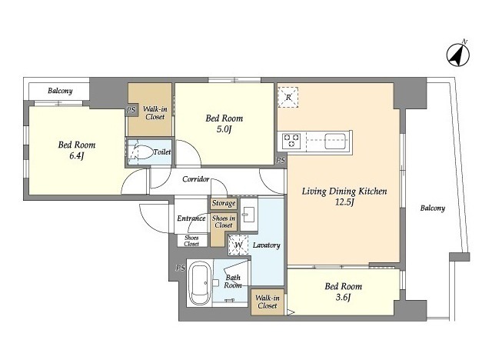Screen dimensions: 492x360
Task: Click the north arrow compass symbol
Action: pos(458,55)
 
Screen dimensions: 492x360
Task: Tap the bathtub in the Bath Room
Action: pos(199,285)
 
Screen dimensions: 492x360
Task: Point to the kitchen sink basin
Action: pos(335,141)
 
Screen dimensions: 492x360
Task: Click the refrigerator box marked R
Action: pos(288,97)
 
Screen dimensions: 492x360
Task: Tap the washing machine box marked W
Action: pos(238,245)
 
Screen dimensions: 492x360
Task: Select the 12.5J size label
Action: pos(344,202)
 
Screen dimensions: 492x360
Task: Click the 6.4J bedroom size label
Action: pos(77,155)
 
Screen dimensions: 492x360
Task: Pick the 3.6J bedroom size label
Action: pos(343,297)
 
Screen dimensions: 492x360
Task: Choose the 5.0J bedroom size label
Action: pos(224,128)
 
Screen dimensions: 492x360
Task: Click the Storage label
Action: pos(224,203)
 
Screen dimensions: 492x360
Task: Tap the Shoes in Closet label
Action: pos(224,222)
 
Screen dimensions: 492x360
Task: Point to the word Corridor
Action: pos(196,179)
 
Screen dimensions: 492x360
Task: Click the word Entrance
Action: pos(191,218)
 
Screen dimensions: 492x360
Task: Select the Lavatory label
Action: pos(267,245)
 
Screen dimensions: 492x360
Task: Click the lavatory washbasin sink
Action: pos(249,215)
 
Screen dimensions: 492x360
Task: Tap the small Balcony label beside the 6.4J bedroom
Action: pos(60,91)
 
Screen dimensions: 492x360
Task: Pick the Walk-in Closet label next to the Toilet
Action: pos(155,113)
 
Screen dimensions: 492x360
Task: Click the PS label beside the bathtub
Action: pos(180,268)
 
